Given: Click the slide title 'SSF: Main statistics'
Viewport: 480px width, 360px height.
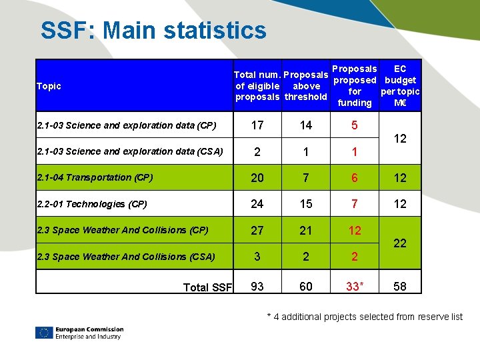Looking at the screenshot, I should tap(153, 31).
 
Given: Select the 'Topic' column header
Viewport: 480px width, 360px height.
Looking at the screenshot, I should tap(49, 86).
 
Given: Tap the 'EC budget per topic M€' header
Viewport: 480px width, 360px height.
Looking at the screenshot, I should tap(400, 85).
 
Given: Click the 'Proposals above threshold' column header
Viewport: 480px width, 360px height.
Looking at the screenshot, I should tap(306, 85).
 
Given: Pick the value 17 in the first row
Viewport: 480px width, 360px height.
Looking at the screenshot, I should tap(257, 125).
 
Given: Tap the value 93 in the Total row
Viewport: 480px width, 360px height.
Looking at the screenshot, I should tap(257, 287).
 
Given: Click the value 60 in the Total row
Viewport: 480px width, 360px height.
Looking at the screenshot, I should tap(306, 287).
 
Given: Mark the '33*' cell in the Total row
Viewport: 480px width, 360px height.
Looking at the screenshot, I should tap(355, 287).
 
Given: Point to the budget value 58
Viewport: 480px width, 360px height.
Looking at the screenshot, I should tap(400, 287).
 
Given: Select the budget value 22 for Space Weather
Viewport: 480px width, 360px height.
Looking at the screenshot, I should tap(400, 243).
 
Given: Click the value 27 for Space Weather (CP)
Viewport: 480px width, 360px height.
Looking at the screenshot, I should tap(257, 231).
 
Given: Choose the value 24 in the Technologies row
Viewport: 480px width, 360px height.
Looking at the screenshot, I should tap(257, 204).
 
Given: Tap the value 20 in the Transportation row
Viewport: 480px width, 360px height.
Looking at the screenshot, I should tap(257, 178).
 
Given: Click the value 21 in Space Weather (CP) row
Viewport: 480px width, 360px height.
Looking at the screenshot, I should tap(306, 231).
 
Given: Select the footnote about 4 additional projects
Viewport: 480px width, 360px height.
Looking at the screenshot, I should tap(364, 317).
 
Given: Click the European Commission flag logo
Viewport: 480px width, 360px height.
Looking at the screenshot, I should tap(45, 333).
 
